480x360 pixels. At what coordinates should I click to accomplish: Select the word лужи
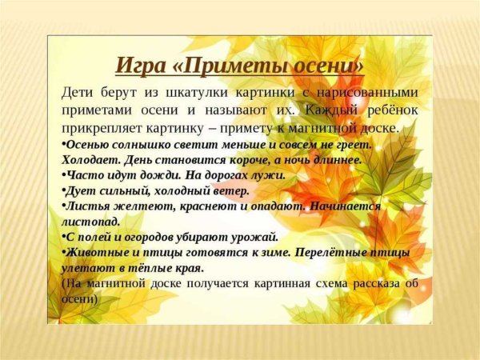(268, 174)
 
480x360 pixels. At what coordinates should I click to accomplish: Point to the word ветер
(231, 190)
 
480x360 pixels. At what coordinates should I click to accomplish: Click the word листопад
(90, 221)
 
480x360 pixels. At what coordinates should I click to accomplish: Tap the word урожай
(254, 237)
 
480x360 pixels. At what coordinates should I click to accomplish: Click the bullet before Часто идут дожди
(63, 174)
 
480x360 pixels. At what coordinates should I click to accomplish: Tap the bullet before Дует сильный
(63, 190)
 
